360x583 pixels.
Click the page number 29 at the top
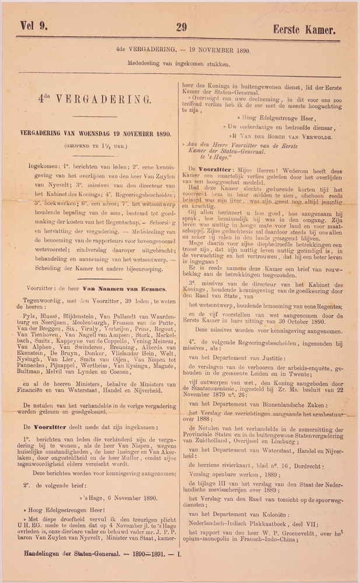[x=181, y=27]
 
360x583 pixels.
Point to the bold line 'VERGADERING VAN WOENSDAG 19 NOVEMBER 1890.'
[x=96, y=134]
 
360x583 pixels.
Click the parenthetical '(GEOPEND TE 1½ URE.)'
[x=96, y=146]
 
